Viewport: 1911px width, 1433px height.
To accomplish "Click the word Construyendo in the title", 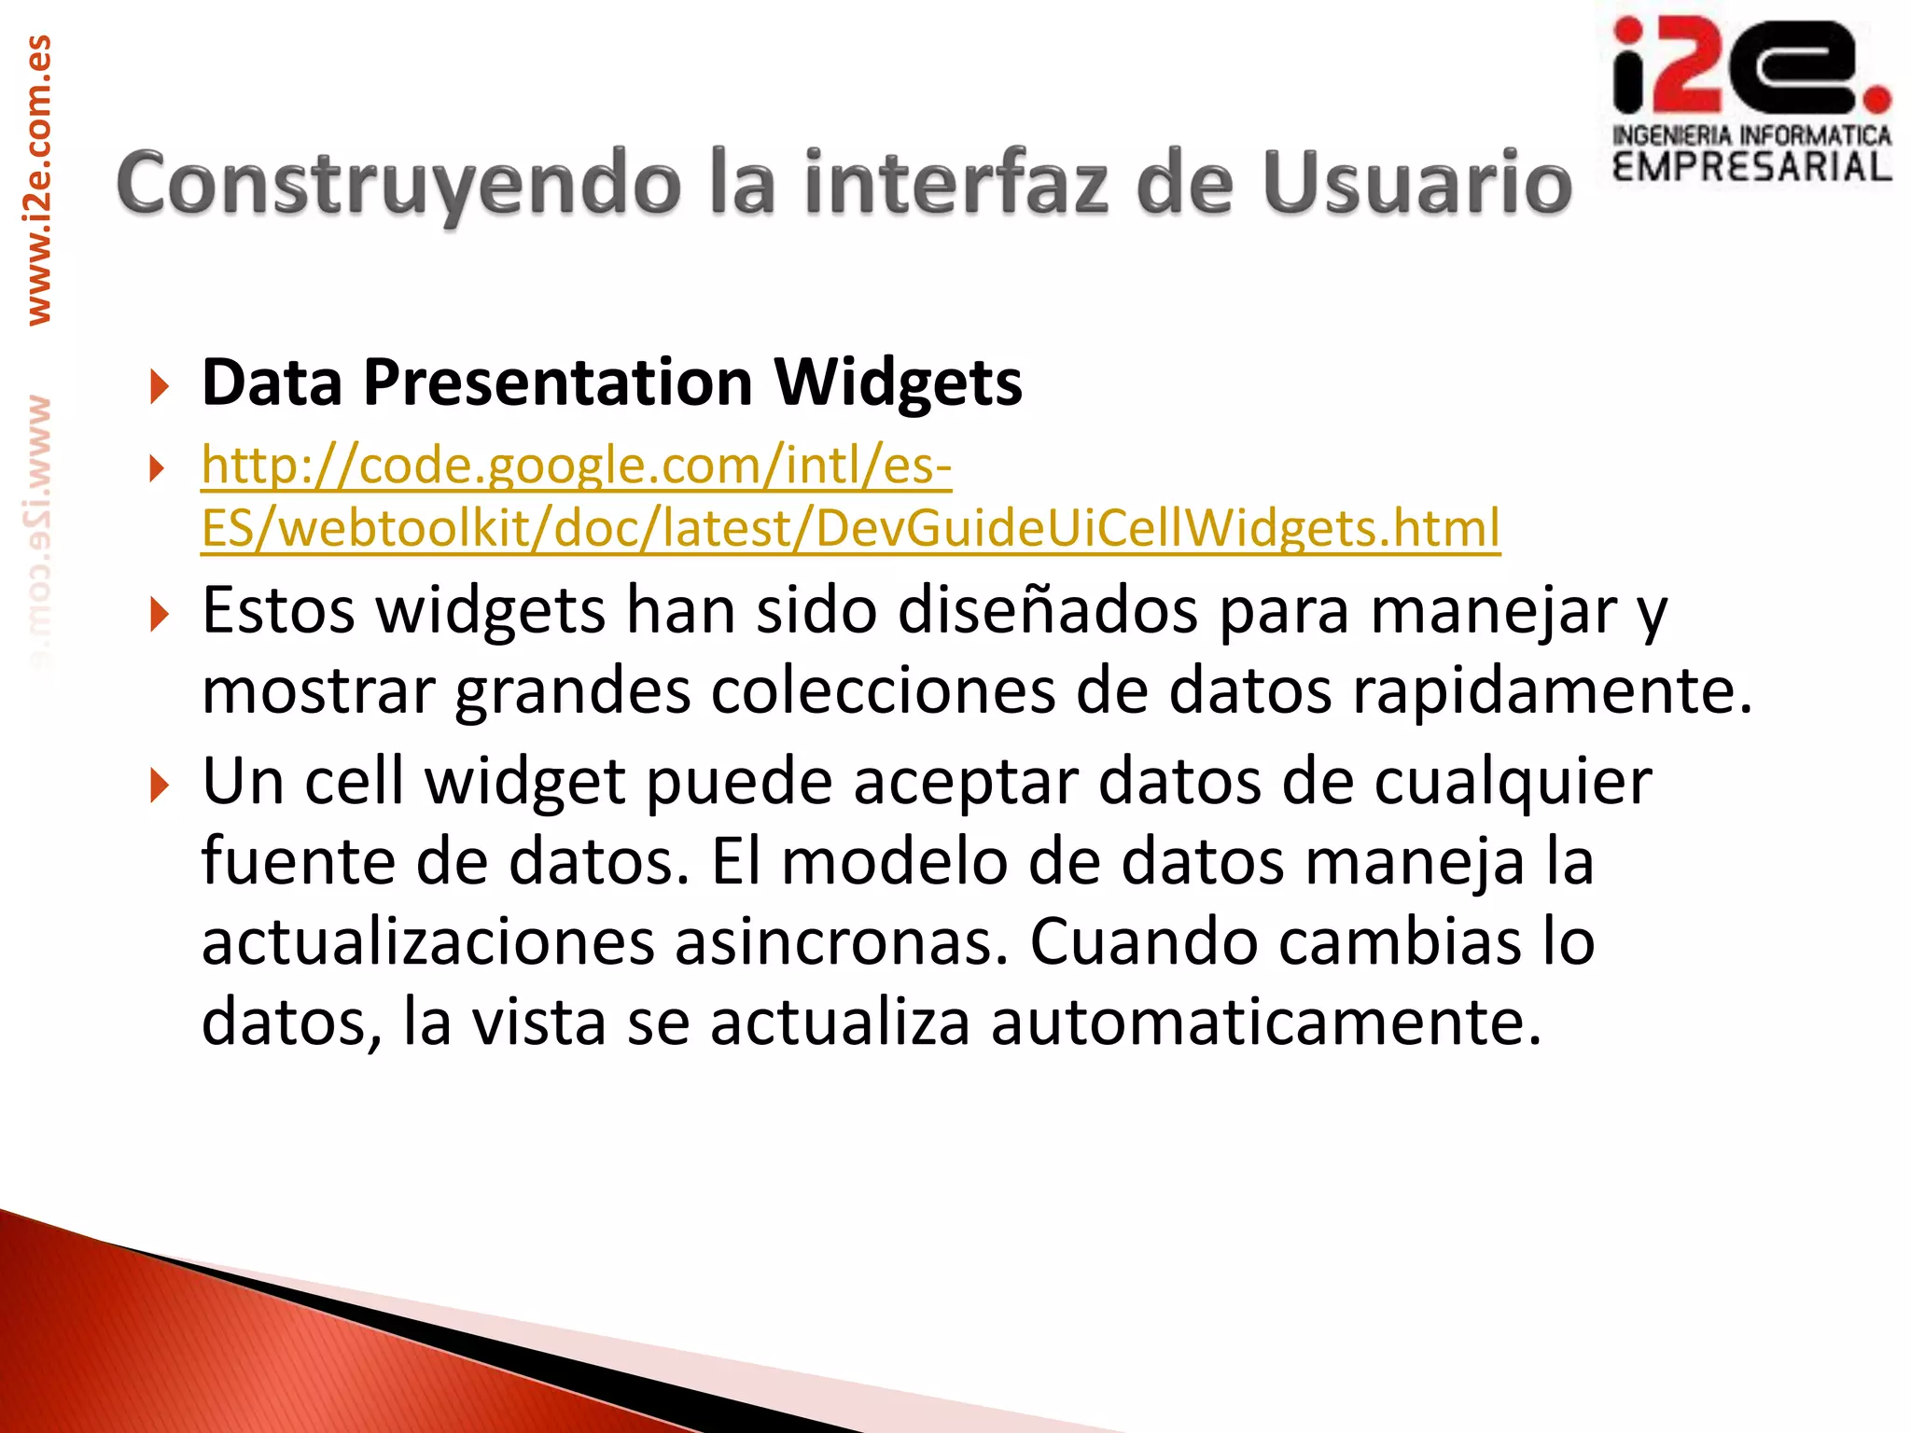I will [398, 184].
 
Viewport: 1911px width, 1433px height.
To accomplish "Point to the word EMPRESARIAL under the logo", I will [1751, 168].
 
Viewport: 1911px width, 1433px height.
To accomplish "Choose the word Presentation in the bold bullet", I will [558, 383].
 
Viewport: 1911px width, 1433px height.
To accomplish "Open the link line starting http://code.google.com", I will [577, 465].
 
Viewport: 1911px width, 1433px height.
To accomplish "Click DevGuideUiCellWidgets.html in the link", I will [1157, 528].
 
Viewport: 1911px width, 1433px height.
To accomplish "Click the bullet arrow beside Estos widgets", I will [160, 615].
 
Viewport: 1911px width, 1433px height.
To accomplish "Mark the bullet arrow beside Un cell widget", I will [160, 786].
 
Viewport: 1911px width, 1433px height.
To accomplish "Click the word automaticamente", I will [1265, 1023].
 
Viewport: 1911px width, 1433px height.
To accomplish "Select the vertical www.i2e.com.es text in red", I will [39, 179].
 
